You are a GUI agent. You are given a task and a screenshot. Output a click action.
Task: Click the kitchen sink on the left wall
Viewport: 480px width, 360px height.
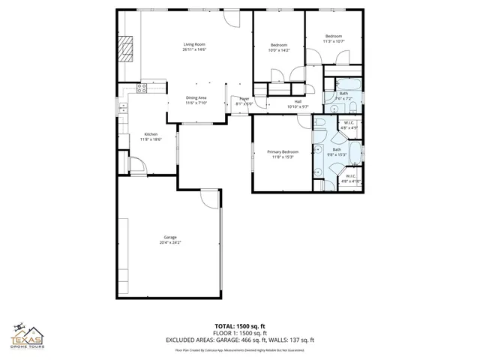point(123,109)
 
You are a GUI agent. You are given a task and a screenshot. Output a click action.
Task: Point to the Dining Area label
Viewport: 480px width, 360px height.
point(196,97)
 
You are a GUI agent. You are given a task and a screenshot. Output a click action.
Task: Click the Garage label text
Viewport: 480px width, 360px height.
point(169,237)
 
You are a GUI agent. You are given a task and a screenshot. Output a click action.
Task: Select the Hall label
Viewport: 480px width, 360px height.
point(298,101)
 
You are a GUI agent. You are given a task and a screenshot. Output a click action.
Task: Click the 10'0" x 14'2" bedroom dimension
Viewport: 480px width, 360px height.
point(279,50)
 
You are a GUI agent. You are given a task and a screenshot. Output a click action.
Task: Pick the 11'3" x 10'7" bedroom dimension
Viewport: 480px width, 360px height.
point(334,42)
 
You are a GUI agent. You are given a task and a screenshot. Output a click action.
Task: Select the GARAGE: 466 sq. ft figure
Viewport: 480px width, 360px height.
point(267,340)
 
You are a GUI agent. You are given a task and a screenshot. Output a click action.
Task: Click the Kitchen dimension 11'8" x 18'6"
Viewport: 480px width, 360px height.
point(151,139)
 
